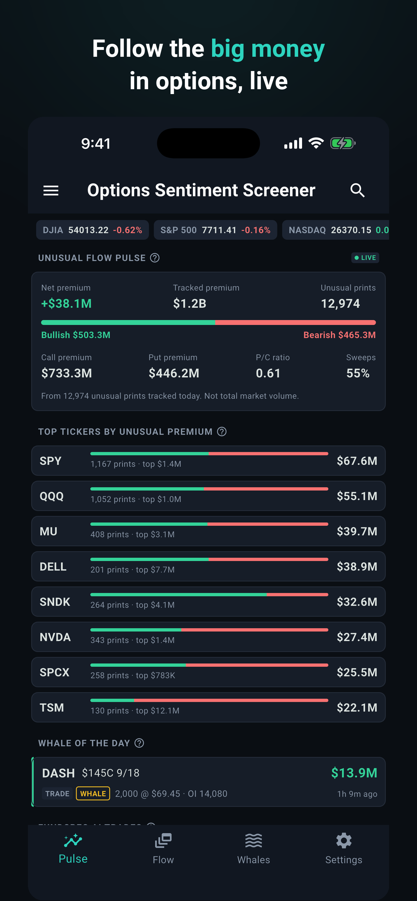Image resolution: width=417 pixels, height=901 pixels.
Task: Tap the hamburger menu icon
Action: coord(51,191)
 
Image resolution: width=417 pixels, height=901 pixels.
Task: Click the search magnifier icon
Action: coord(358,190)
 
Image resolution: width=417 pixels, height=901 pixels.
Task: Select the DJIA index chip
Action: coord(93,230)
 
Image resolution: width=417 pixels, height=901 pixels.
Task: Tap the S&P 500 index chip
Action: coord(215,230)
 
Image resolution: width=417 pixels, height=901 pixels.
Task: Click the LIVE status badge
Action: coord(365,258)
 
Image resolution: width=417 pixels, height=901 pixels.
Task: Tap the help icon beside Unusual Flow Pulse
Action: coord(155,258)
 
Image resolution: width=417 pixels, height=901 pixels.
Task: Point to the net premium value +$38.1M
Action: coord(67,304)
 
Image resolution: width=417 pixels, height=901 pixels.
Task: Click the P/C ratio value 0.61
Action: coord(268,373)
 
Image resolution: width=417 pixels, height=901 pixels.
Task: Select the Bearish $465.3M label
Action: coord(340,335)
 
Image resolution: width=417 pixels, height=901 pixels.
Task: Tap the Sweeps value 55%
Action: coord(358,373)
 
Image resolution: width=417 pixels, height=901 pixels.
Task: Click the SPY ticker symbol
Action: coord(50,461)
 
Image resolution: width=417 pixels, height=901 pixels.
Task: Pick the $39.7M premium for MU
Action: coord(357,531)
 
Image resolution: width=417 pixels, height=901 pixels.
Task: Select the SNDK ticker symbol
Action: coord(55,602)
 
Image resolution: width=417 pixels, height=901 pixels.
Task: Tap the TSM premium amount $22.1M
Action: coord(357,708)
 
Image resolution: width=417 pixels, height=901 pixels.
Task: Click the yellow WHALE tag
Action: coord(93,793)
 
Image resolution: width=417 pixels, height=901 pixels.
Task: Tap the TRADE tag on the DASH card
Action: coord(57,793)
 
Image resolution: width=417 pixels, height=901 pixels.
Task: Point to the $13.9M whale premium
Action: coord(354,773)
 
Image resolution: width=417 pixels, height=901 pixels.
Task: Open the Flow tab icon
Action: coord(163,840)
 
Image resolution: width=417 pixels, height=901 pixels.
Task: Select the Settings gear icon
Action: coord(344,840)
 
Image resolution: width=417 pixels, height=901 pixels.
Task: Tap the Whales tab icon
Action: coord(254,840)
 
